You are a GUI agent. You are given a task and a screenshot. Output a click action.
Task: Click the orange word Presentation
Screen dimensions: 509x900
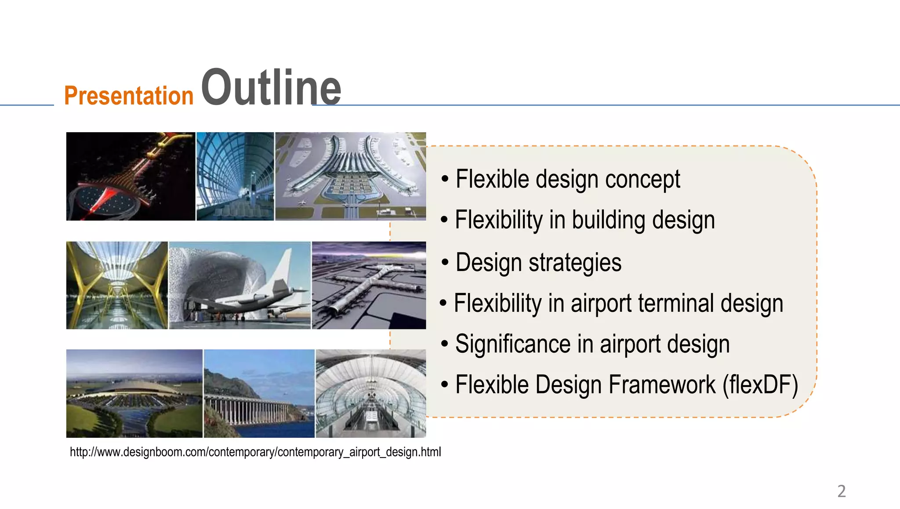coord(129,95)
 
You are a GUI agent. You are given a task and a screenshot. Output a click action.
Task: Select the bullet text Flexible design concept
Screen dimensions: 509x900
coord(567,179)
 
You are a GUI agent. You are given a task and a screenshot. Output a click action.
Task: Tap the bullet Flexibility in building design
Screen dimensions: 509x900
coord(584,220)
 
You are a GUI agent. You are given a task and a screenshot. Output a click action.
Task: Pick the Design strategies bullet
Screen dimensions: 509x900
coord(538,262)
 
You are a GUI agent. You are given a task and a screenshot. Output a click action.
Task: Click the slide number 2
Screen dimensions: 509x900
coord(841,491)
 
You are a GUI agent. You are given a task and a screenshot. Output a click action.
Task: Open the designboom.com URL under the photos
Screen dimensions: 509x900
coord(255,452)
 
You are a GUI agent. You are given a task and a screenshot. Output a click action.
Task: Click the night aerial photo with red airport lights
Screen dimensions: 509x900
coord(131,176)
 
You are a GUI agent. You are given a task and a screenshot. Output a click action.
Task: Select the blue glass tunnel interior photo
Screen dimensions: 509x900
coord(235,176)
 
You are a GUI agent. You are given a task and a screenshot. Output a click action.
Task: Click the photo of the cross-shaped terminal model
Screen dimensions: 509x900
coord(369,285)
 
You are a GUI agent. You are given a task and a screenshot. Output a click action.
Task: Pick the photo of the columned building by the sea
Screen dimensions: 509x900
coord(259,393)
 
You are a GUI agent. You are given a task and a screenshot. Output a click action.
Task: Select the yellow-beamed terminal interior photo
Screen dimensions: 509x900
coord(117,285)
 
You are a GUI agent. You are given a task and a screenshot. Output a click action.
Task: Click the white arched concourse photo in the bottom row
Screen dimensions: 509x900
coord(370,393)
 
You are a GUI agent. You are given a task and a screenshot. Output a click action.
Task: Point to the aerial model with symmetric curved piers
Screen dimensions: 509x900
coord(350,176)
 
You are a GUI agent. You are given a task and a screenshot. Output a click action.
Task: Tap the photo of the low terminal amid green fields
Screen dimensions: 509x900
coord(134,393)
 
